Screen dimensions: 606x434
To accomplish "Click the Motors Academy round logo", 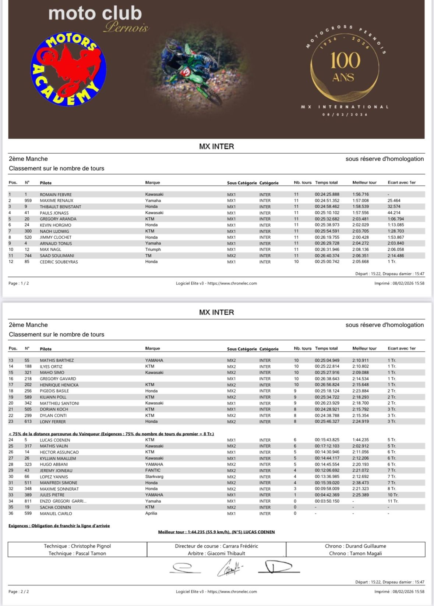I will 68,69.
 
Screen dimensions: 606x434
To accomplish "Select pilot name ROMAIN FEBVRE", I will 56,194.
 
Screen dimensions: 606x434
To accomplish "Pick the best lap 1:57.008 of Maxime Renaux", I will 360,201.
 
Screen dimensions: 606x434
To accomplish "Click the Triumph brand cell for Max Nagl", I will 153,250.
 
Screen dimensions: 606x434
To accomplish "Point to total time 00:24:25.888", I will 327,194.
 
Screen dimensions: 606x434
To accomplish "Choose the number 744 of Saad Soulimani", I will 28,256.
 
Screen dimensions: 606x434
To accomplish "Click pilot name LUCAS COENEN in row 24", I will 55,440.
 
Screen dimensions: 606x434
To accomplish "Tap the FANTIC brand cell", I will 153,470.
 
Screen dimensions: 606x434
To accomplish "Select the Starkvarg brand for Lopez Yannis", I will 154,477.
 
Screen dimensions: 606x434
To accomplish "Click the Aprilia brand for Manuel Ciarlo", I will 151,513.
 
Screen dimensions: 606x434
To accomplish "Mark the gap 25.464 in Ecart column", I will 394,201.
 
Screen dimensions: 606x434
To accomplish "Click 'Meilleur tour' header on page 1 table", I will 364,183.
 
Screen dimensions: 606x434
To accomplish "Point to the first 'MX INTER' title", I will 216,147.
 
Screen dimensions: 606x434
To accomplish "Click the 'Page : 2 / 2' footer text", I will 18,592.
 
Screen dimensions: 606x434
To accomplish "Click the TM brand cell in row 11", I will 148,256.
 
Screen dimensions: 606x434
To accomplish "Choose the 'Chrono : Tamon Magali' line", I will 355,553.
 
